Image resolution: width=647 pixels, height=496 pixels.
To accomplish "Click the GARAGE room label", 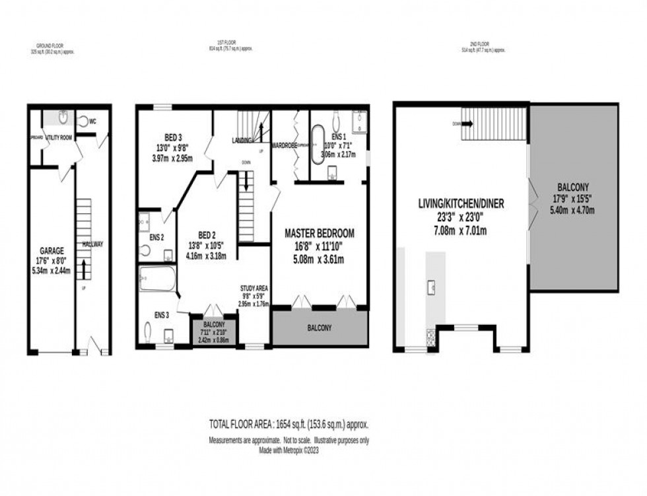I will tap(51, 251).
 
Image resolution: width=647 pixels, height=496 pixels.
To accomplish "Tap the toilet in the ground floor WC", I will tap(84, 122).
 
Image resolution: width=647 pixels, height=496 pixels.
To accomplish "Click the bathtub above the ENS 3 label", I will tap(158, 279).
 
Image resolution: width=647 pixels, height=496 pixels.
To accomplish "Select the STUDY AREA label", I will tap(254, 287).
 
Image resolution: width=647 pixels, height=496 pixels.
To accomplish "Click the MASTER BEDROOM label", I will tap(320, 233).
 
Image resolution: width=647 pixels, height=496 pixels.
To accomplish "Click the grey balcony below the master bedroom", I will tap(320, 328).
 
